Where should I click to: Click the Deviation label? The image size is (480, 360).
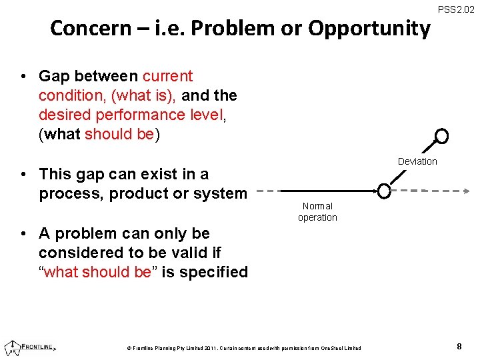coord(417,161)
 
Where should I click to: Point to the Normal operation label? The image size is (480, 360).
coord(317,212)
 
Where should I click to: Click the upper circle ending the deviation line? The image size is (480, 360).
coord(441,137)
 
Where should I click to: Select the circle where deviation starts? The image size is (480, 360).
coord(384,191)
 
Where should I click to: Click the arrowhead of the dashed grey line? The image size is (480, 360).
coord(465,191)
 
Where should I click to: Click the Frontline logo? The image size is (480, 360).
coord(30,347)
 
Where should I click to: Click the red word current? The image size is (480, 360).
coord(167,76)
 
